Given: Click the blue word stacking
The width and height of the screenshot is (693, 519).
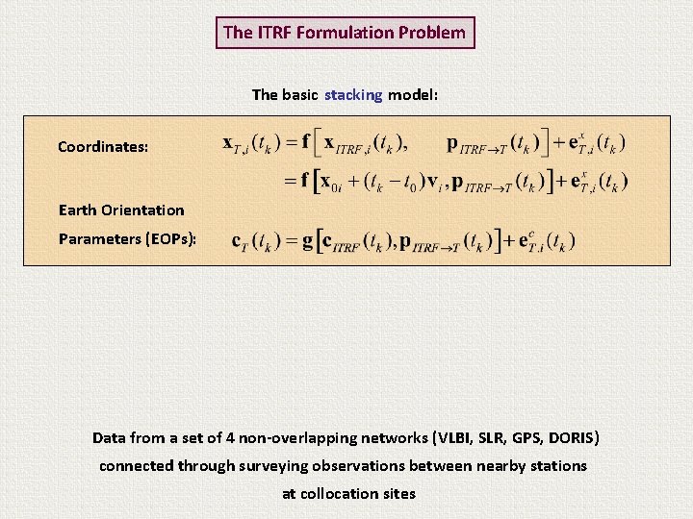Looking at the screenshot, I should coord(353,95).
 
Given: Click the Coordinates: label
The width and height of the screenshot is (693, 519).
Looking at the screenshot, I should coord(103,147).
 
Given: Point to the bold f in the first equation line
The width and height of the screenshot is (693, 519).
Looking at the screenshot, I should coord(306,142).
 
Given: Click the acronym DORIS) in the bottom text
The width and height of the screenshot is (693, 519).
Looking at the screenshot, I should coord(575,438).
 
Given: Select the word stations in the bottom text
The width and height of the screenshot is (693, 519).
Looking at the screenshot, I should coord(557,466).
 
